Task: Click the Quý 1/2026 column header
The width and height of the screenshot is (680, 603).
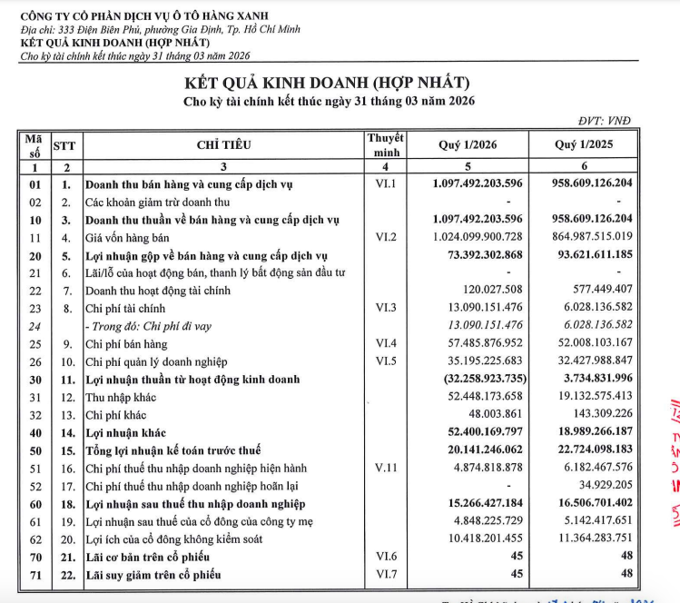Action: click(x=468, y=143)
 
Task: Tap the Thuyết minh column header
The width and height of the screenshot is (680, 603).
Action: click(x=385, y=143)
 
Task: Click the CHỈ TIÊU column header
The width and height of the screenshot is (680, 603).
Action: click(x=223, y=143)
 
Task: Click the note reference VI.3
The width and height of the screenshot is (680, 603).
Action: click(x=385, y=309)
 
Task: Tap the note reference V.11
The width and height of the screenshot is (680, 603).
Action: click(x=385, y=468)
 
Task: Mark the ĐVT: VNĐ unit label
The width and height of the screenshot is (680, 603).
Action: click(x=603, y=120)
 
